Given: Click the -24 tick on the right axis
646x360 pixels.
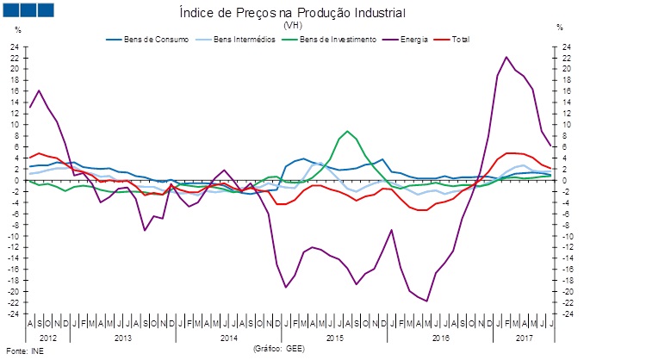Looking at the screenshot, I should [x=565, y=313].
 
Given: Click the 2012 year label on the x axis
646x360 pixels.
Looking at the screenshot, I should [x=48, y=338].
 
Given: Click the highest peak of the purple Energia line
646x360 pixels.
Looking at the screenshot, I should [x=506, y=58].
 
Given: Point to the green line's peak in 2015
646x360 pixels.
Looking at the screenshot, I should [x=347, y=132].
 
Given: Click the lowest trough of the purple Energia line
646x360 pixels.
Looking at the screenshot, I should [x=426, y=301].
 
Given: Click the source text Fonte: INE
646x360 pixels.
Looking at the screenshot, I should [x=24, y=351].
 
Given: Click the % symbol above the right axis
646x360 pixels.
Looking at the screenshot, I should [x=560, y=29].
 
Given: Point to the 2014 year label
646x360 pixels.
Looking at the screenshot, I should [x=228, y=338].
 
